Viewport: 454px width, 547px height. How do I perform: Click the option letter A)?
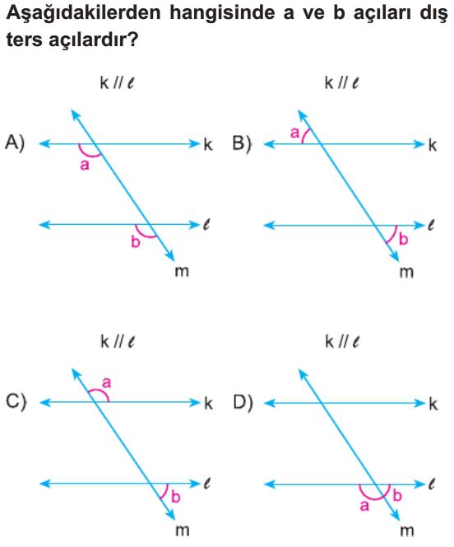click(15, 143)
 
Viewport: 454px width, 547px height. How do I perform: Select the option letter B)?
click(242, 143)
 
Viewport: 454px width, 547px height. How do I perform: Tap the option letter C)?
click(16, 402)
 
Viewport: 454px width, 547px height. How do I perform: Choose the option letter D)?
click(243, 403)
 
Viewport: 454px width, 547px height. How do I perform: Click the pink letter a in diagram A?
click(85, 165)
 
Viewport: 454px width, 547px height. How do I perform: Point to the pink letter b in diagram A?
click(136, 241)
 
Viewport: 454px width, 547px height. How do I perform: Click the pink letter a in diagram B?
click(295, 133)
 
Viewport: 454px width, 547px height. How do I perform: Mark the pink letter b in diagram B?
click(403, 239)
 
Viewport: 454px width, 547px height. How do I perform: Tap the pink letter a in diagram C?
click(106, 383)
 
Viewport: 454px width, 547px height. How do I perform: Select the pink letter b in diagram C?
click(176, 497)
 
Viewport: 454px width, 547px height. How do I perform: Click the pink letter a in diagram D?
click(364, 506)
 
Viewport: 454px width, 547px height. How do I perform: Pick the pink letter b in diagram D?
click(397, 495)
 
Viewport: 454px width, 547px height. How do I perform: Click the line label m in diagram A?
click(182, 271)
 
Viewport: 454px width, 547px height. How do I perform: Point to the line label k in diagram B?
click(433, 144)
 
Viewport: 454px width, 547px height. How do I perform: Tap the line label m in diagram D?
click(406, 531)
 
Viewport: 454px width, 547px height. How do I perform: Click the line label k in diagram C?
click(208, 404)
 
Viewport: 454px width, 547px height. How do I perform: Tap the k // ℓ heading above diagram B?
click(341, 83)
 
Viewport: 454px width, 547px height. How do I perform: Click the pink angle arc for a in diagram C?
click(100, 391)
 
